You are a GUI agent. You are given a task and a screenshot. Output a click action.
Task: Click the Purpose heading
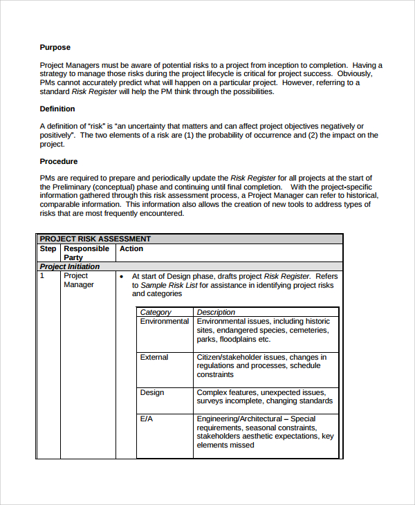tap(55, 48)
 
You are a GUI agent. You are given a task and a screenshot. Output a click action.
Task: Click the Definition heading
tap(57, 109)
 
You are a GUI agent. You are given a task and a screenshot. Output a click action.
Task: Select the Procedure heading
tap(59, 161)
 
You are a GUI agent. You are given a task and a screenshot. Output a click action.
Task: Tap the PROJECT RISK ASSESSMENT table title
tap(95, 239)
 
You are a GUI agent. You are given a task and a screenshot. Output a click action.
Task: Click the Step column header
tap(48, 249)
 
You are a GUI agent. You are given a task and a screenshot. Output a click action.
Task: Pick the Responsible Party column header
tap(86, 253)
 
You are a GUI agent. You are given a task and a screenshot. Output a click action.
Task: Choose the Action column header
tap(131, 249)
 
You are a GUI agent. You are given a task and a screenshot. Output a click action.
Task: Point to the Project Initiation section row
tap(70, 266)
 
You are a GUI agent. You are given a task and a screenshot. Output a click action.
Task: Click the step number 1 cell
tap(42, 275)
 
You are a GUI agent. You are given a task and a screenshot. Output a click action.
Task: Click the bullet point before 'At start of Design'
tap(122, 276)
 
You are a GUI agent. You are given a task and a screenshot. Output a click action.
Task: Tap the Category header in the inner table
tap(156, 312)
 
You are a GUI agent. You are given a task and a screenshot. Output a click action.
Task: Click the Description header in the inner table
tap(216, 312)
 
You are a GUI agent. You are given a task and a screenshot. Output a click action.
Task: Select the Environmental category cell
tap(165, 322)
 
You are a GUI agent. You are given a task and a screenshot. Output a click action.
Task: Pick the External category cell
tap(154, 358)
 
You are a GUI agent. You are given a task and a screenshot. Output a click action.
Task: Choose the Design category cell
tap(152, 393)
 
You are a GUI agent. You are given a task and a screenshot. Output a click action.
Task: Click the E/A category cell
tap(147, 419)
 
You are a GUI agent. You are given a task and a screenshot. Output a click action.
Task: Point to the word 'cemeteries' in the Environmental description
tap(309, 331)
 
